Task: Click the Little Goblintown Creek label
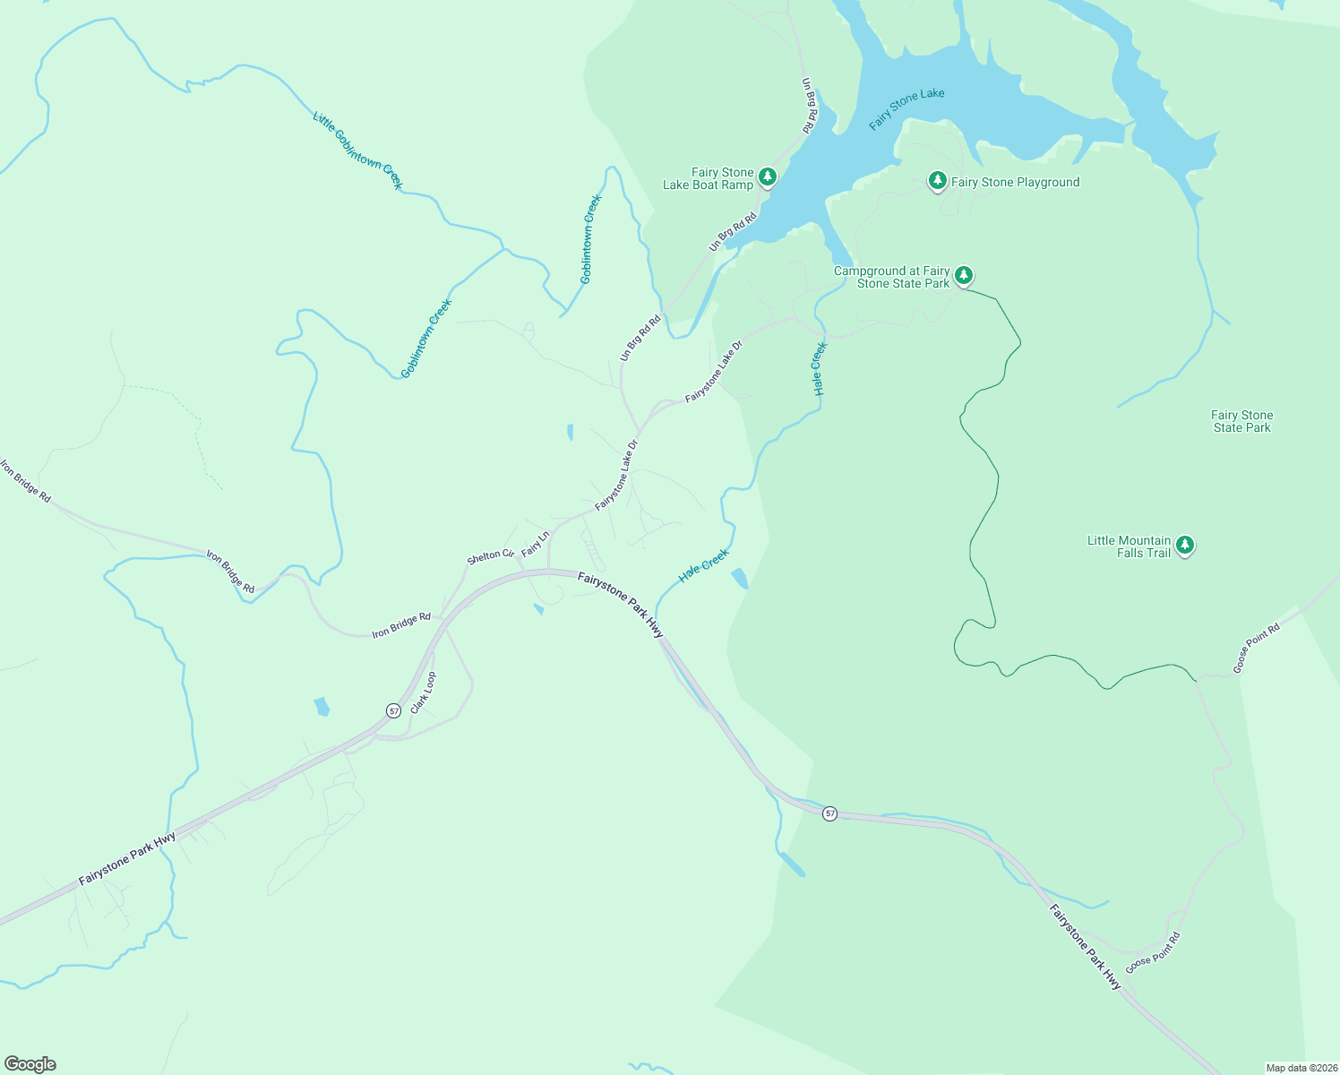(358, 150)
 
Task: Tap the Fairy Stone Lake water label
(906, 108)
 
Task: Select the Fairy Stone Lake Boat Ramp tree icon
(767, 176)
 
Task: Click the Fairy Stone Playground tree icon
(937, 181)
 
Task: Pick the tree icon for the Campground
(963, 274)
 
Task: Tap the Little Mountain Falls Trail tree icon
(1185, 544)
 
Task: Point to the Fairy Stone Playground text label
(1015, 182)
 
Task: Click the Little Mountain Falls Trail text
(1129, 546)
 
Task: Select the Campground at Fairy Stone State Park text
(892, 277)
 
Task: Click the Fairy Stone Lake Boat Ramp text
(709, 178)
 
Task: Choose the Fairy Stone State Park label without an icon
(1241, 421)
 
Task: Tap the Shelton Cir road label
(490, 556)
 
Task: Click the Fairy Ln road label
(535, 544)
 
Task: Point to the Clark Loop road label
(423, 692)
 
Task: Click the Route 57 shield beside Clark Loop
(393, 710)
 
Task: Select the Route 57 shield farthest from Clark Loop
(830, 813)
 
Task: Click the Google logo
(30, 1064)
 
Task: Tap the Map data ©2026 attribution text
(1301, 1068)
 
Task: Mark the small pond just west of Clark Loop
(322, 706)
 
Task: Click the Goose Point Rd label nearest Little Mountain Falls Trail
(1256, 648)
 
